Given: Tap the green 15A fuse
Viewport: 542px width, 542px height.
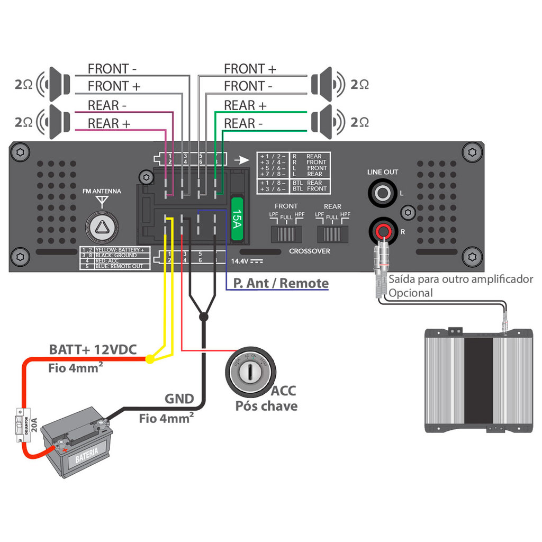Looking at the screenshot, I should (x=237, y=217).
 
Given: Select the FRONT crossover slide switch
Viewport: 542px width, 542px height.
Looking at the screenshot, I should (x=286, y=233).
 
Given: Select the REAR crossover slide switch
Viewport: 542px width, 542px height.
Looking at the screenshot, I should (x=332, y=233).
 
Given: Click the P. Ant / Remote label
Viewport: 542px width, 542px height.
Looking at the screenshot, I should (x=281, y=283).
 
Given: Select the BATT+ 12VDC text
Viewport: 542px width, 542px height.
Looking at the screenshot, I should (x=93, y=349).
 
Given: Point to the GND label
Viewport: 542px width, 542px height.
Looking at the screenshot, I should (x=179, y=399).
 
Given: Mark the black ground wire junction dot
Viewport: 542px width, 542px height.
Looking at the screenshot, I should (x=203, y=317).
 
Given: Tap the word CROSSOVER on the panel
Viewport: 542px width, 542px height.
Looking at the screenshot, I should (x=310, y=251).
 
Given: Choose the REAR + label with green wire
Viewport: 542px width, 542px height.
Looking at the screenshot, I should (x=245, y=105).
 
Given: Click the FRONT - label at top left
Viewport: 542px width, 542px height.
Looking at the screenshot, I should (x=112, y=69).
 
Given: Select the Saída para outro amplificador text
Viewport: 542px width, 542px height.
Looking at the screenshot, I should (x=461, y=279).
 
